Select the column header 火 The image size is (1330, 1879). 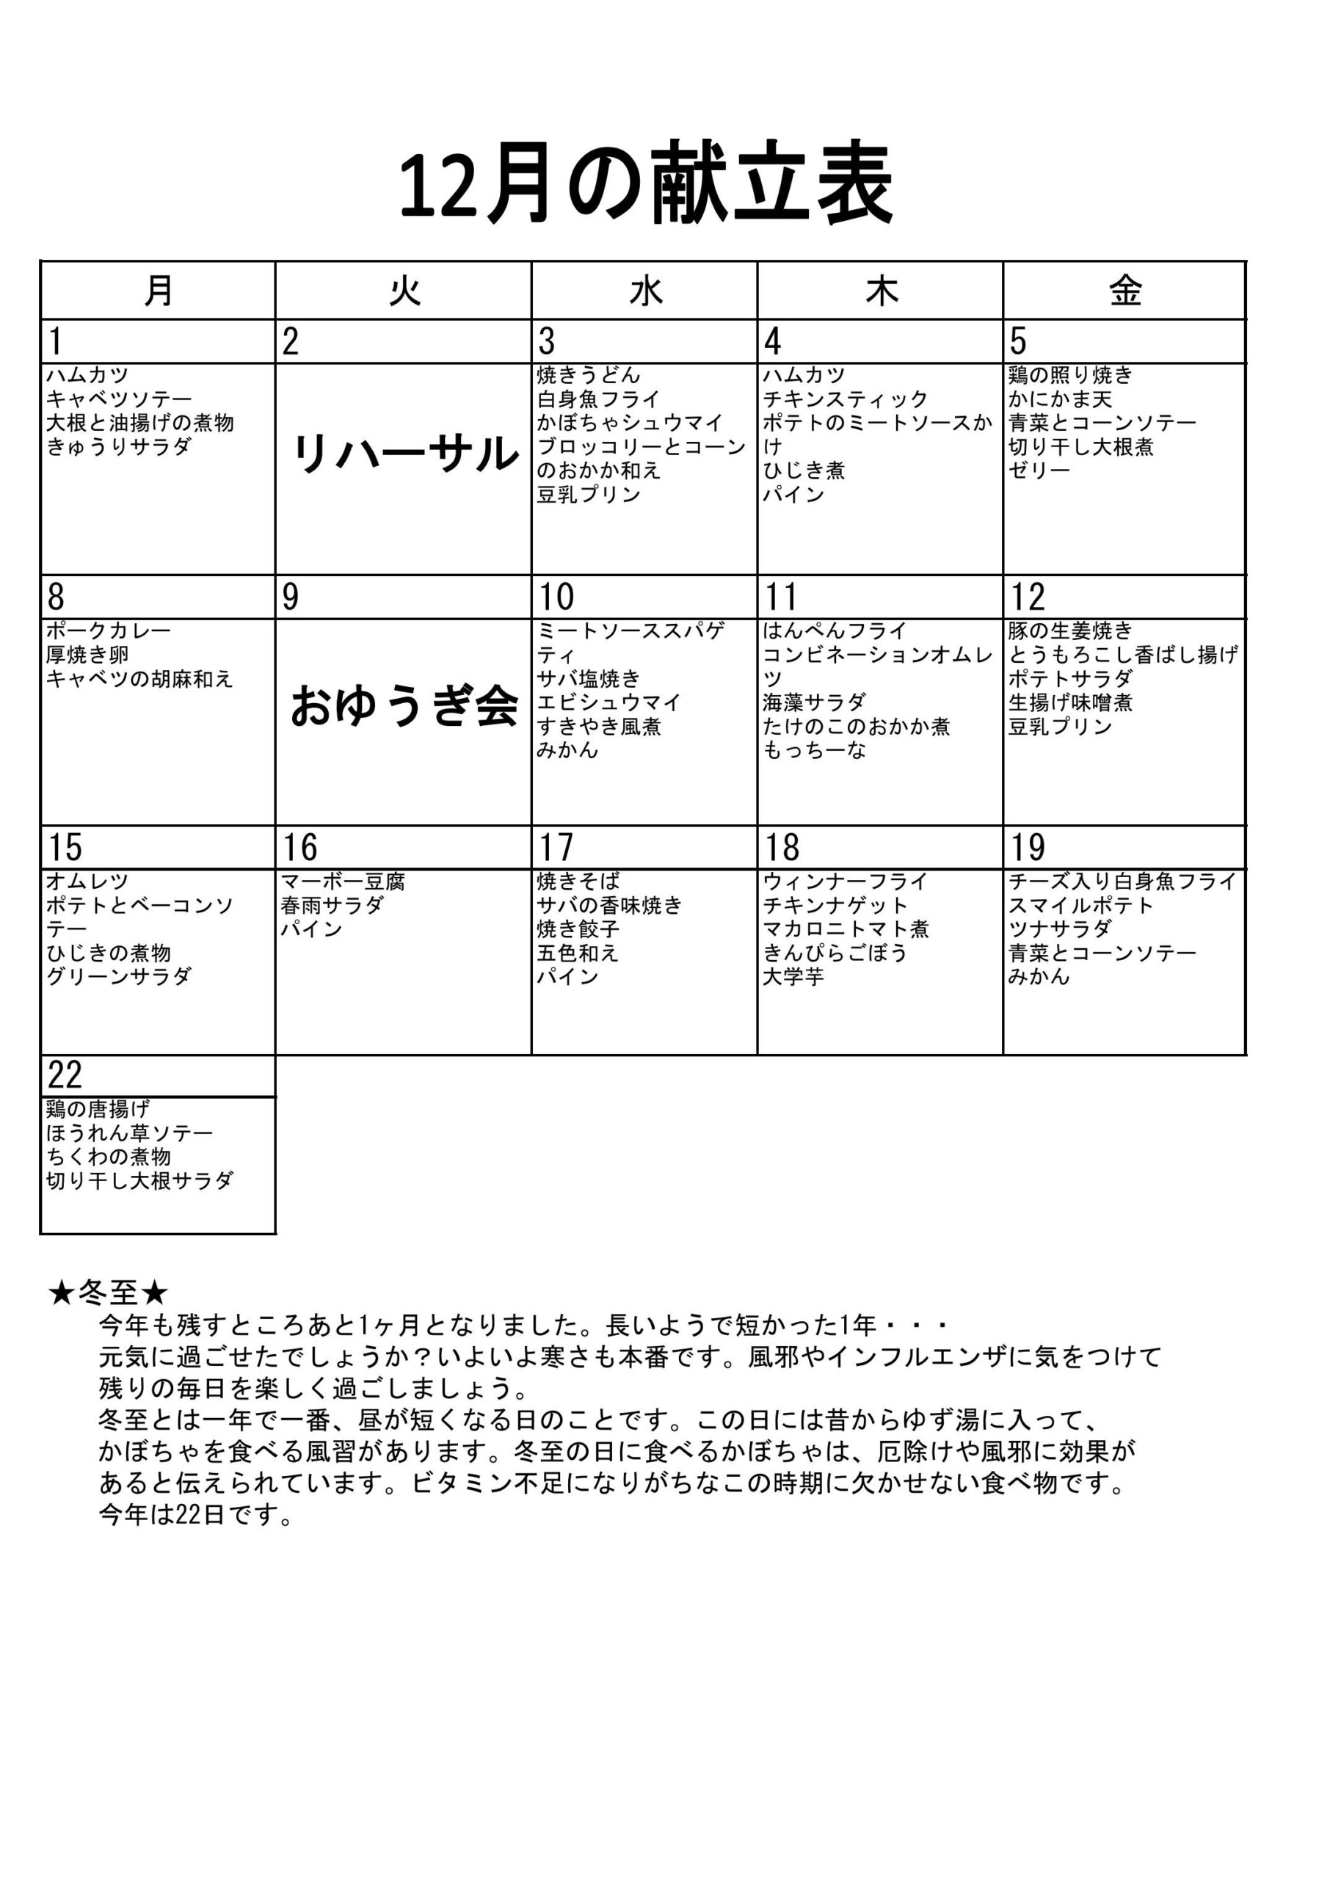[404, 291]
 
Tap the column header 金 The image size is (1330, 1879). [1125, 291]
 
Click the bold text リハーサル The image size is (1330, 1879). [404, 454]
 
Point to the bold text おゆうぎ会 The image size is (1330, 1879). [404, 706]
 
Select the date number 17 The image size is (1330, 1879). [556, 848]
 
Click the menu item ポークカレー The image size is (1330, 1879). [108, 631]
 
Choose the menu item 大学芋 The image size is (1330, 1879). [793, 977]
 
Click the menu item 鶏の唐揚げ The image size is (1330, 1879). [98, 1109]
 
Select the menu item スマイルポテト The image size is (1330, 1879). [1080, 906]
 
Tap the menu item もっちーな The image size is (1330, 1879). [814, 751]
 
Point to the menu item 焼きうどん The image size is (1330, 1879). [588, 376]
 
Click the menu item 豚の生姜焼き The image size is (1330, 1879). [1069, 631]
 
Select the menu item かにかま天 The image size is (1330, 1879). [1060, 399]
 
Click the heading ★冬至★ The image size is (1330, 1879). [108, 1293]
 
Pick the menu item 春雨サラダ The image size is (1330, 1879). [332, 906]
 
